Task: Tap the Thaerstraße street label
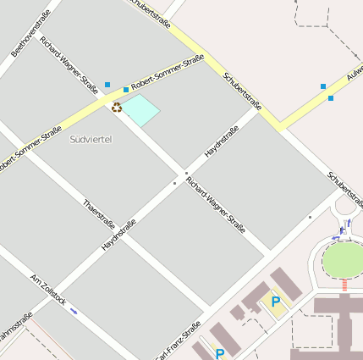pyautogui.click(x=99, y=213)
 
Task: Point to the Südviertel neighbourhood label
pyautogui.click(x=91, y=139)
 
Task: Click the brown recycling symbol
pyautogui.click(x=117, y=107)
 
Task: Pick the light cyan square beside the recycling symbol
pyautogui.click(x=141, y=110)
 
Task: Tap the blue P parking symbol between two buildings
pyautogui.click(x=275, y=301)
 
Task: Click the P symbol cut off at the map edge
pyautogui.click(x=220, y=354)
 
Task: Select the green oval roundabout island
pyautogui.click(x=344, y=260)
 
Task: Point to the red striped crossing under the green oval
pyautogui.click(x=344, y=285)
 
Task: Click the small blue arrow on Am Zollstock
pyautogui.click(x=74, y=311)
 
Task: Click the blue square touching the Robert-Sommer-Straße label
pyautogui.click(x=126, y=89)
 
